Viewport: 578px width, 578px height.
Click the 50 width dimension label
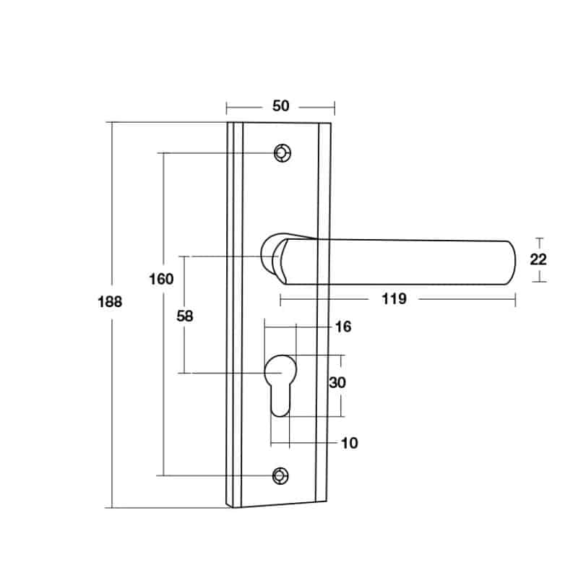(x=280, y=106)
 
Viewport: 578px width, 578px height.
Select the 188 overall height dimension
(x=110, y=302)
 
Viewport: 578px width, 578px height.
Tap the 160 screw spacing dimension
(x=162, y=279)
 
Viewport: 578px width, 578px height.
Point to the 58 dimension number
(x=184, y=316)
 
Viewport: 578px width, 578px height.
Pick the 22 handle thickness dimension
(x=538, y=260)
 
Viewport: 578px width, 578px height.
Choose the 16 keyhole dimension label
(x=342, y=327)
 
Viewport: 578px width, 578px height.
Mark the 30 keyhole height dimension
(x=337, y=383)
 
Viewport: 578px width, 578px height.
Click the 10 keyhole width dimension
(x=348, y=443)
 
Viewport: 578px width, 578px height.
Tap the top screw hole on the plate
(x=281, y=153)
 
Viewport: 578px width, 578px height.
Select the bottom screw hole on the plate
(x=280, y=475)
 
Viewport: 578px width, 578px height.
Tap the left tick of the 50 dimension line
(x=227, y=108)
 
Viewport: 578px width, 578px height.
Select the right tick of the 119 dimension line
(x=515, y=298)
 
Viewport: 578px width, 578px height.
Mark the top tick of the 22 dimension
(x=538, y=238)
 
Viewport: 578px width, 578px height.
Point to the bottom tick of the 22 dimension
(x=538, y=282)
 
